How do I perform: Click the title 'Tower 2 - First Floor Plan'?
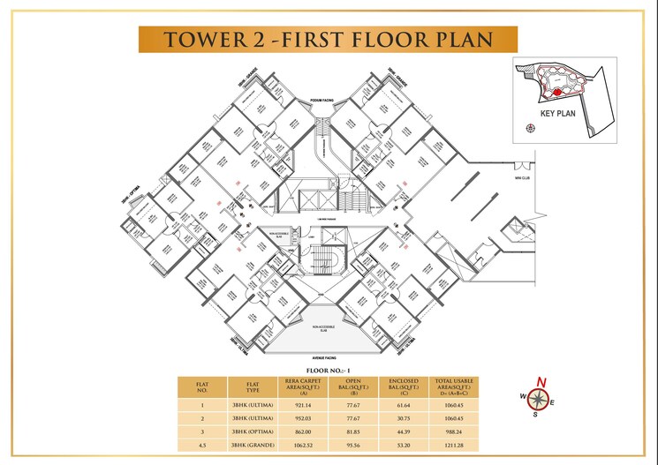pyautogui.click(x=328, y=40)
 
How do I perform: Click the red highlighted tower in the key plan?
pyautogui.click(x=557, y=90)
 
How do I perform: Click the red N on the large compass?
pyautogui.click(x=542, y=382)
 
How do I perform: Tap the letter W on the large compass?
pyautogui.click(x=522, y=395)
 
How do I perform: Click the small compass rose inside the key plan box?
pyautogui.click(x=530, y=129)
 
